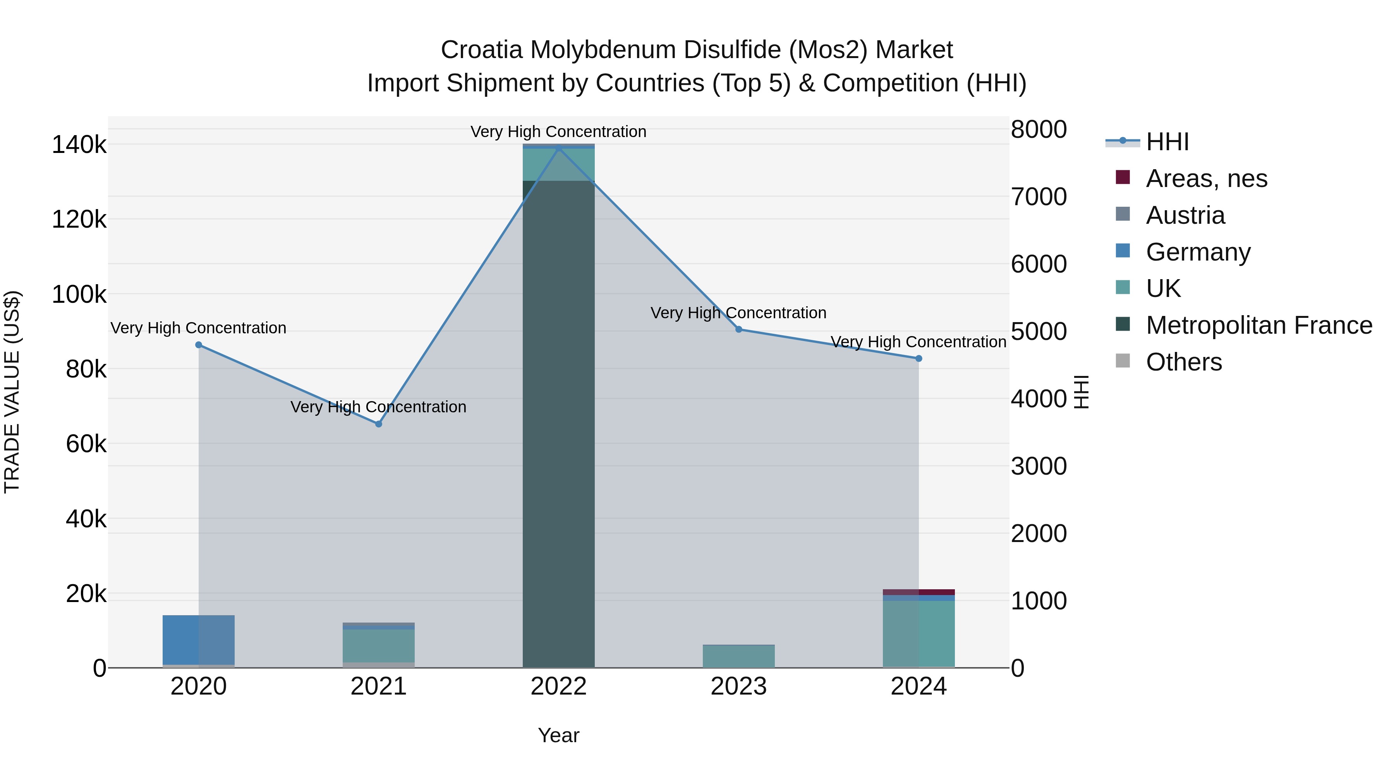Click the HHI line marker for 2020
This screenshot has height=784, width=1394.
coord(199,345)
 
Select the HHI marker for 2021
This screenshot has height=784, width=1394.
coord(379,424)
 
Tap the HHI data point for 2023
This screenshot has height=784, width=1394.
coord(739,329)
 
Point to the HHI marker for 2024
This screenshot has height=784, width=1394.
coord(918,358)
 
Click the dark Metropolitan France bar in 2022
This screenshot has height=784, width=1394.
coord(558,433)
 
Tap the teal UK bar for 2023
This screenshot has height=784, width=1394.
coord(739,656)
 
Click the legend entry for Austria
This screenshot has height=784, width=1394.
coord(1185,215)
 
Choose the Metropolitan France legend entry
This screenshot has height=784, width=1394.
coord(1259,325)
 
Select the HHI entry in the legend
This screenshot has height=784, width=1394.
coord(1167,142)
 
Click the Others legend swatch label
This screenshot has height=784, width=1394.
coord(1183,362)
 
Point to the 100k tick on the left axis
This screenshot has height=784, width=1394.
coord(79,295)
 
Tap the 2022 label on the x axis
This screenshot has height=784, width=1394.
coord(558,686)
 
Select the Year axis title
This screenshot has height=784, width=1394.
coord(558,735)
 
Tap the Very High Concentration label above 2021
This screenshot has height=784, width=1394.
coord(378,407)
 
